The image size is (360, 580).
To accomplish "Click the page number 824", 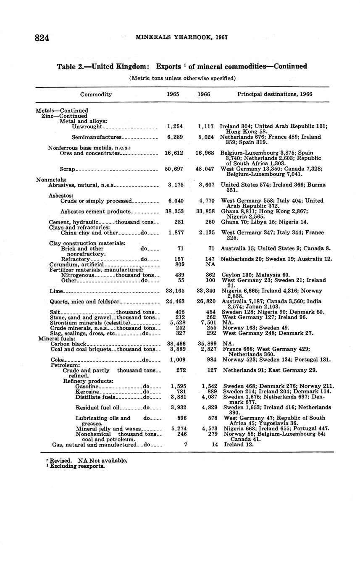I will pos(42,38).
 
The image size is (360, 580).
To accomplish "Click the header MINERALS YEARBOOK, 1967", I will pos(181,37).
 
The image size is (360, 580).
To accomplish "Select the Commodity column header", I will pos(96,95).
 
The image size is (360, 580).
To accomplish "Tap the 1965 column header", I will pos(173,95).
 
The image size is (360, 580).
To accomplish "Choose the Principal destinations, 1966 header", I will pos(275,95).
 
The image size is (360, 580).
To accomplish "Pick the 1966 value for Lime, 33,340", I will pos(206,291).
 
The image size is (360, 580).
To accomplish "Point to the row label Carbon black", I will pos(68,344).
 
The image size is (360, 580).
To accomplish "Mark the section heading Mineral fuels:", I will pos(57,338).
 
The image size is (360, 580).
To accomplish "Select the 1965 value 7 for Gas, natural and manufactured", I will pos(185,444).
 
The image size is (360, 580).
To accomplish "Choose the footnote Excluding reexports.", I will pos(77,466).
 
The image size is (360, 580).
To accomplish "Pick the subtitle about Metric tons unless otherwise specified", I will pos(182,78).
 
